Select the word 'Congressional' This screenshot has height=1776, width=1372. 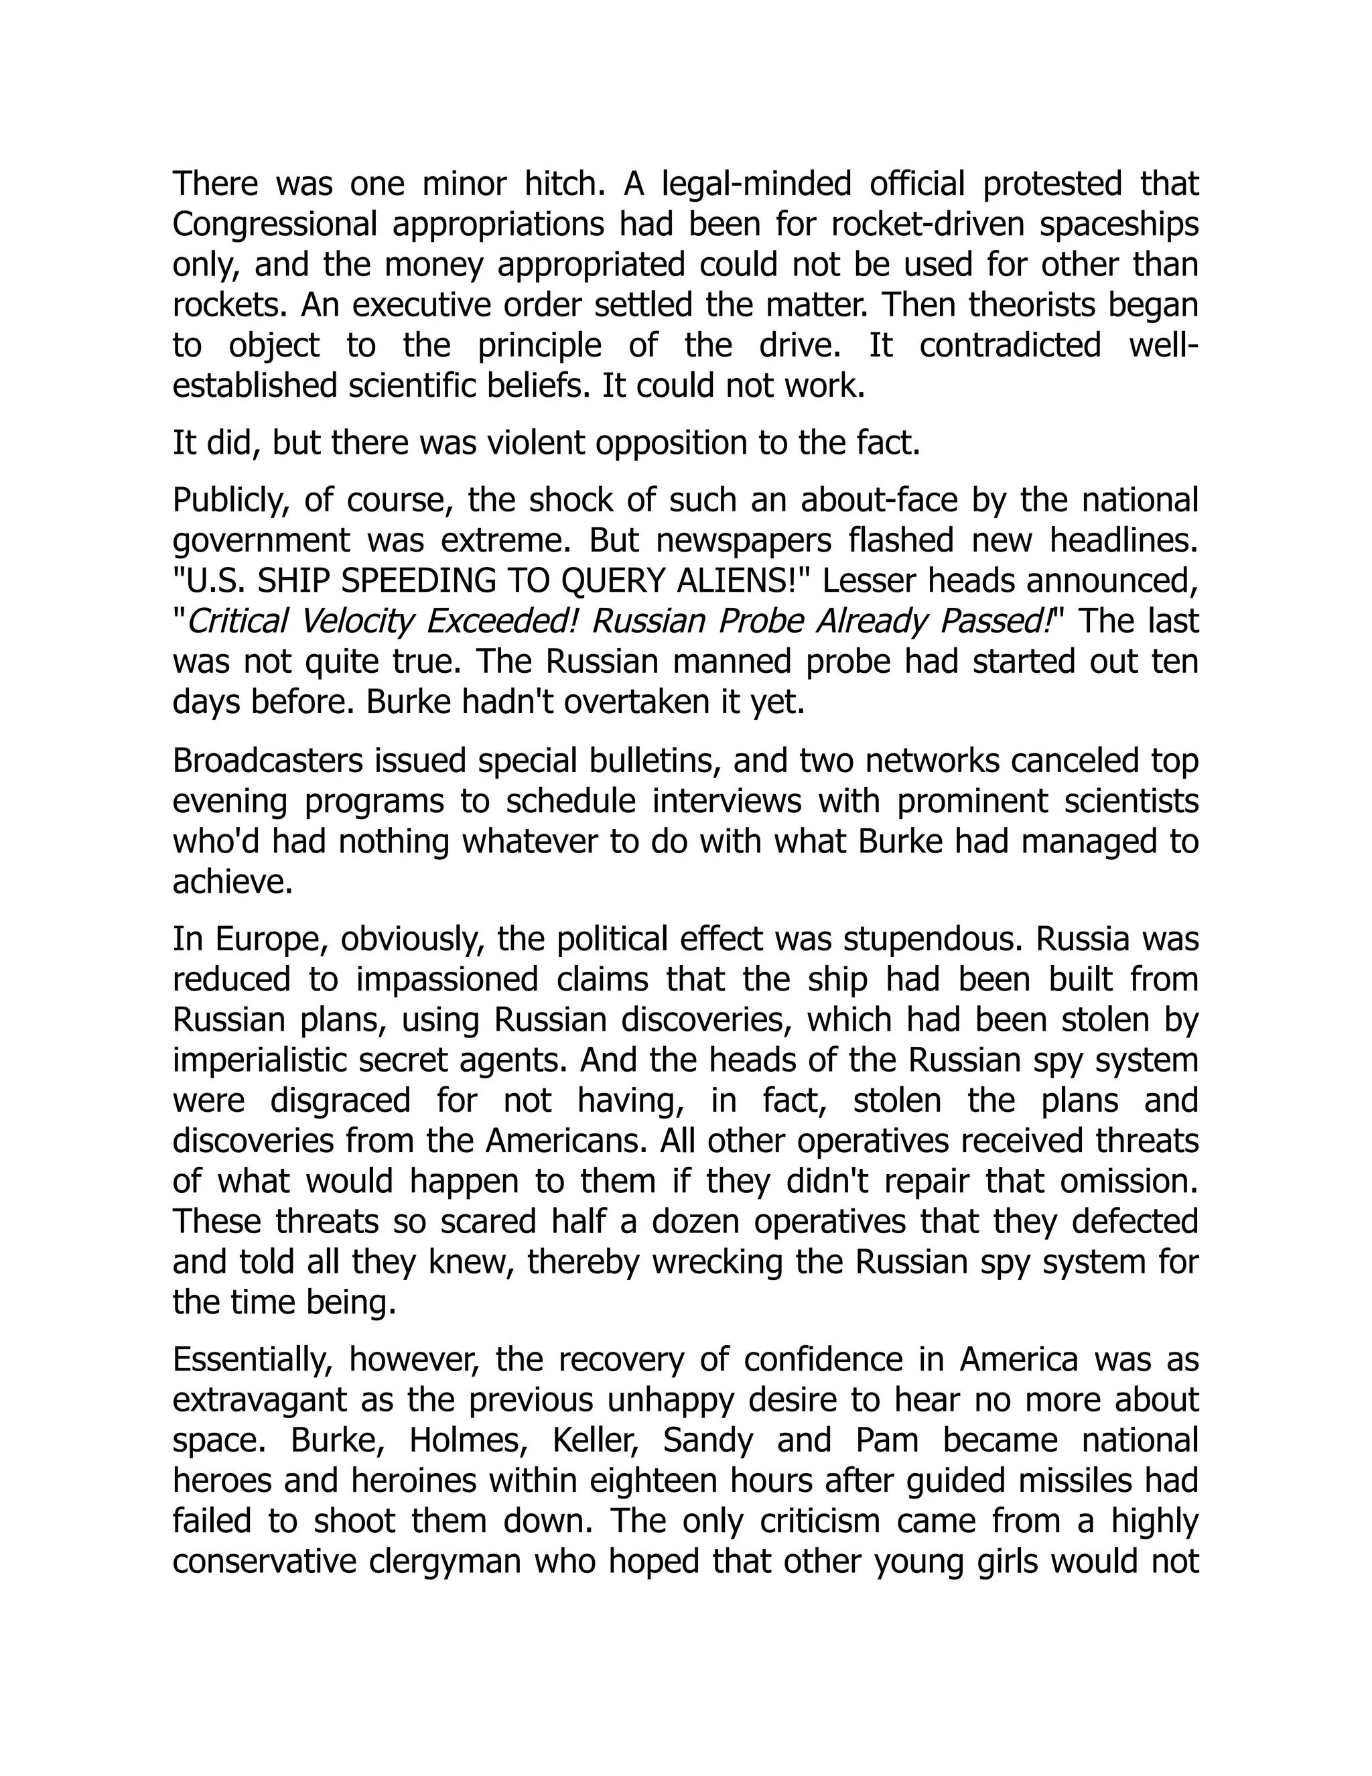(275, 225)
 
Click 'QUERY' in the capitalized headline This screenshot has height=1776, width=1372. (616, 580)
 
